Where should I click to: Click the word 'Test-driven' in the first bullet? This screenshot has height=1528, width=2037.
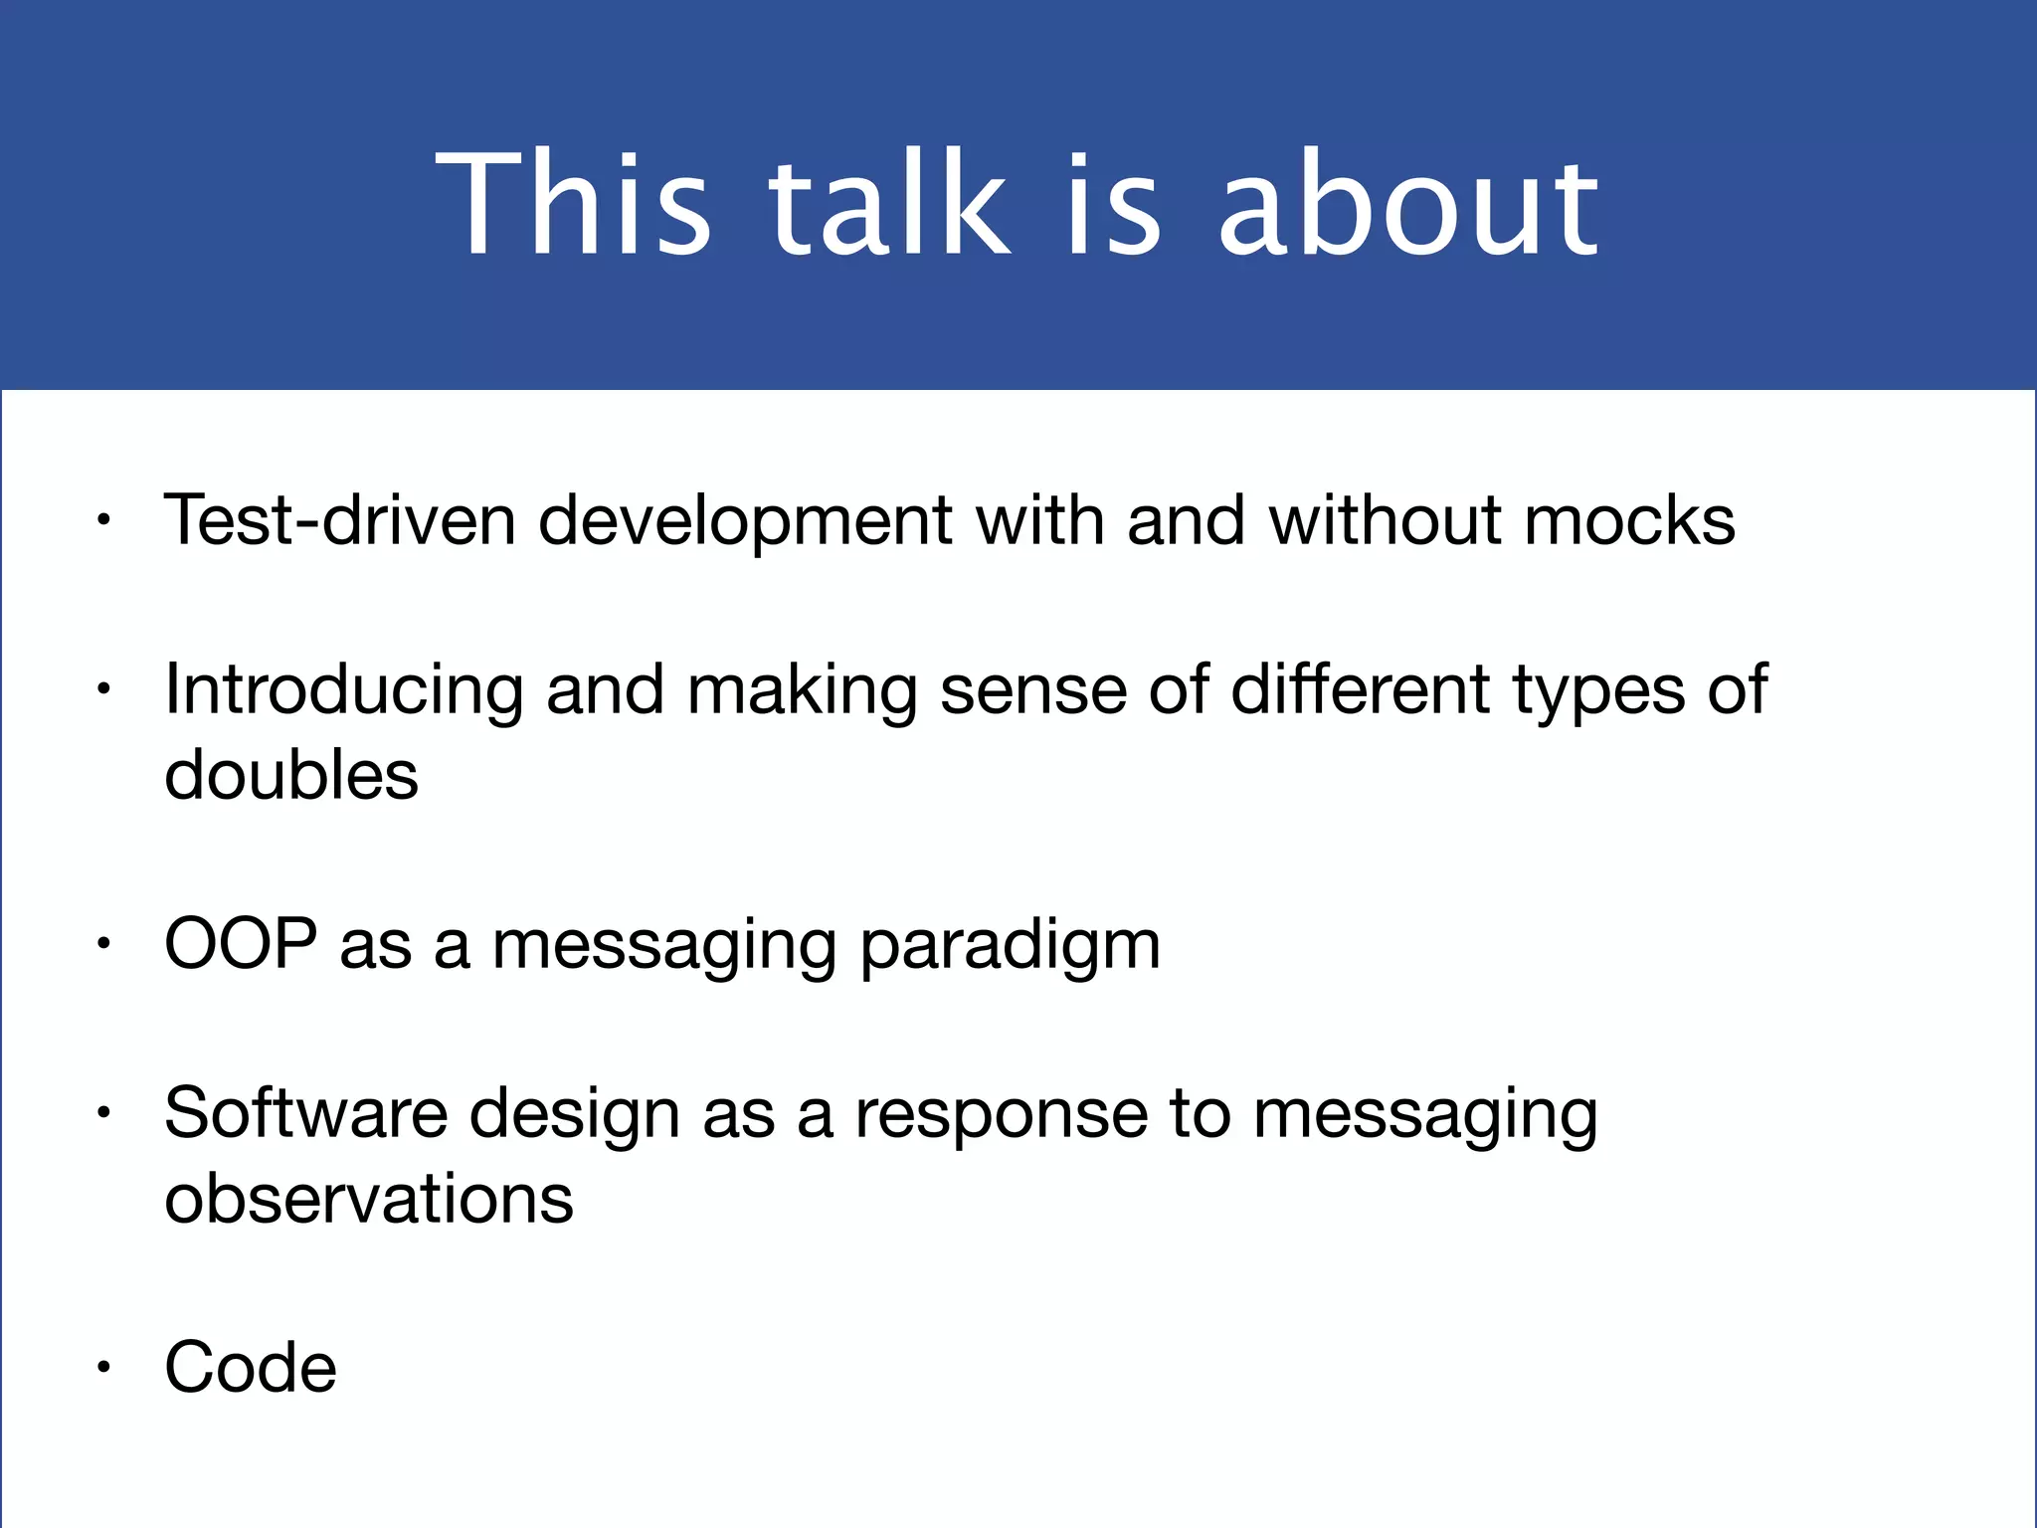pyautogui.click(x=339, y=519)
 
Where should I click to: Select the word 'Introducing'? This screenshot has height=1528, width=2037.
pyautogui.click(x=343, y=690)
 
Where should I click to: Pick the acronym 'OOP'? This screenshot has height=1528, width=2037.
pyautogui.click(x=241, y=943)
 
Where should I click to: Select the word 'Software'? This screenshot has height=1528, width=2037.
pyautogui.click(x=305, y=1112)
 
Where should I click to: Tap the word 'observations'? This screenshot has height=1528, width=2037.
pyautogui.click(x=368, y=1198)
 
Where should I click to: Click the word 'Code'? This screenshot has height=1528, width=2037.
pyautogui.click(x=251, y=1367)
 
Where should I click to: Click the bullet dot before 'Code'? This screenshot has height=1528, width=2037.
pyautogui.click(x=102, y=1369)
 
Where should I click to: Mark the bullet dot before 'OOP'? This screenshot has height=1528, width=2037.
pyautogui.click(x=102, y=945)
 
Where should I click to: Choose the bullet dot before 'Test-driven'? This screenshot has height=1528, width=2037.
pyautogui.click(x=102, y=520)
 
